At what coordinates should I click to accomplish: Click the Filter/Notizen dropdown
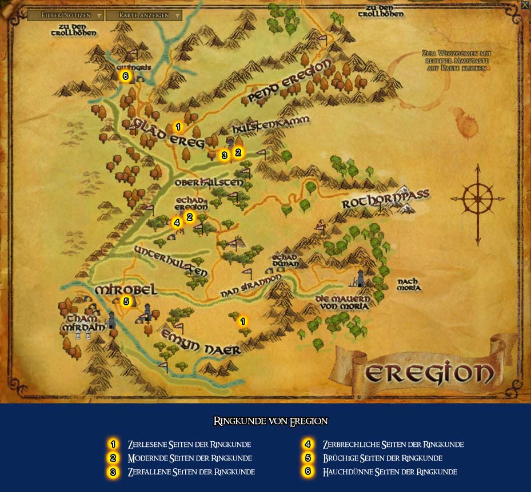[65, 15]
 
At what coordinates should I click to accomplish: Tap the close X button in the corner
[525, 5]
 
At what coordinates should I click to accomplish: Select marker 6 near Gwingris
[125, 75]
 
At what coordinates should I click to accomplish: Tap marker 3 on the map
[224, 155]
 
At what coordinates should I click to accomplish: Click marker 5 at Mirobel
[126, 301]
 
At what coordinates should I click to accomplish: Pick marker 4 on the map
[177, 223]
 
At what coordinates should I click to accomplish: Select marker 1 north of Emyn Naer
[242, 321]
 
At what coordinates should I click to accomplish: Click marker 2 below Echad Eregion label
[190, 217]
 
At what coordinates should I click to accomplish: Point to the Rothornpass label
[385, 200]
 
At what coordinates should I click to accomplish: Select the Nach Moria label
[409, 284]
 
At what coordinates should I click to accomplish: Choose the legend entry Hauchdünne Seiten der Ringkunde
[389, 471]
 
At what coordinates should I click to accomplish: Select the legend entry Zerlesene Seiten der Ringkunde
[189, 444]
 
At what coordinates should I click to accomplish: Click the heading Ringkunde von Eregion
[270, 421]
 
